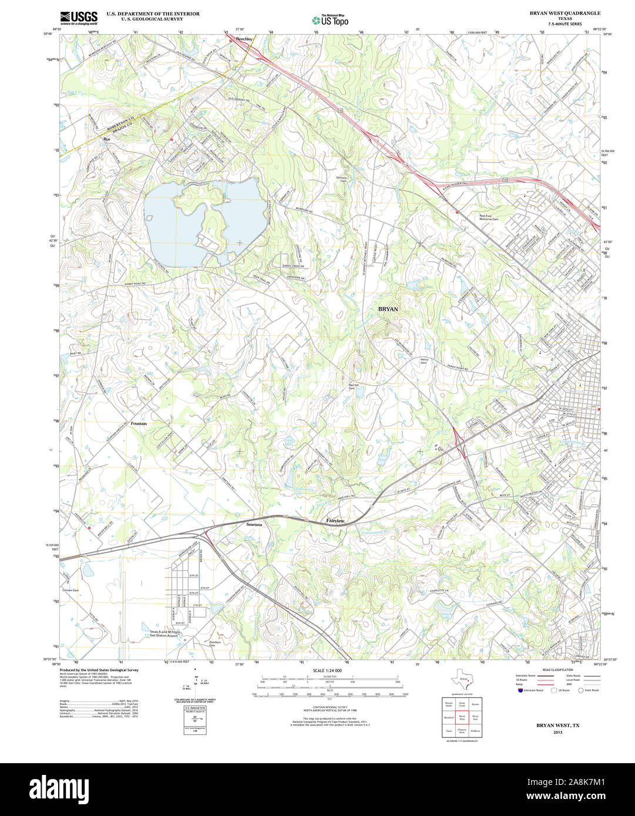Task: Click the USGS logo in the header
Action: click(x=79, y=18)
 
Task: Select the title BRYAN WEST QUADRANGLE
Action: click(x=557, y=12)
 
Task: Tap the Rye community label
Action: click(x=106, y=139)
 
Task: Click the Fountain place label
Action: click(x=139, y=423)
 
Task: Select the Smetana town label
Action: click(x=254, y=524)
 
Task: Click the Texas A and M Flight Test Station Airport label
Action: click(x=163, y=633)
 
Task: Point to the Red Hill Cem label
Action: click(x=352, y=386)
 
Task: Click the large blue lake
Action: click(x=176, y=220)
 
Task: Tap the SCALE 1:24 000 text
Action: click(x=327, y=670)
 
